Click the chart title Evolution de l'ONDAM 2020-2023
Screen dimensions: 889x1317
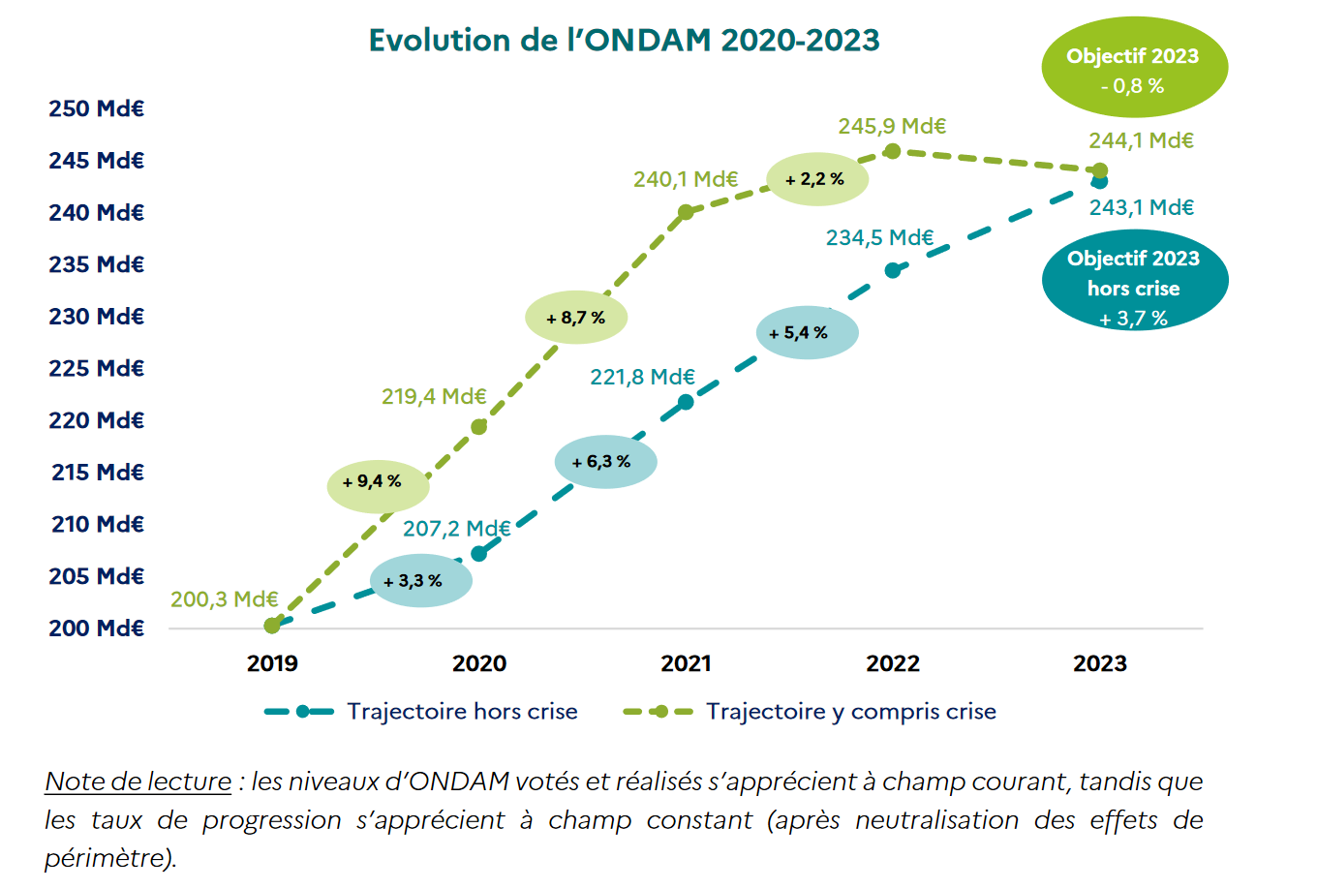624,41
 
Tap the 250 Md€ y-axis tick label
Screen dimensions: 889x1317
96,108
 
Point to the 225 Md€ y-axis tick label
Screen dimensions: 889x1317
96,368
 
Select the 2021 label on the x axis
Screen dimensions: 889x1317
686,663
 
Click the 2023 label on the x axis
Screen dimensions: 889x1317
1099,663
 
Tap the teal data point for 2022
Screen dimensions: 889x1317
893,270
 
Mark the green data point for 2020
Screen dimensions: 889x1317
478,427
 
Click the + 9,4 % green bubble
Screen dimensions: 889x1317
378,481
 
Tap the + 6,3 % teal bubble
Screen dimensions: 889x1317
605,462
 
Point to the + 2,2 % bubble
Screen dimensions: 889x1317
817,179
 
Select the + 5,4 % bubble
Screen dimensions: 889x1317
807,333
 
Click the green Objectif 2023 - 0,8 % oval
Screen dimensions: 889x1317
1134,69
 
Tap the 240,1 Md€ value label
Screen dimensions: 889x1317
686,179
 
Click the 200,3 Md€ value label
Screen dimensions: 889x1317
224,599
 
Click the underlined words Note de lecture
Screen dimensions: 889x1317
138,782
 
